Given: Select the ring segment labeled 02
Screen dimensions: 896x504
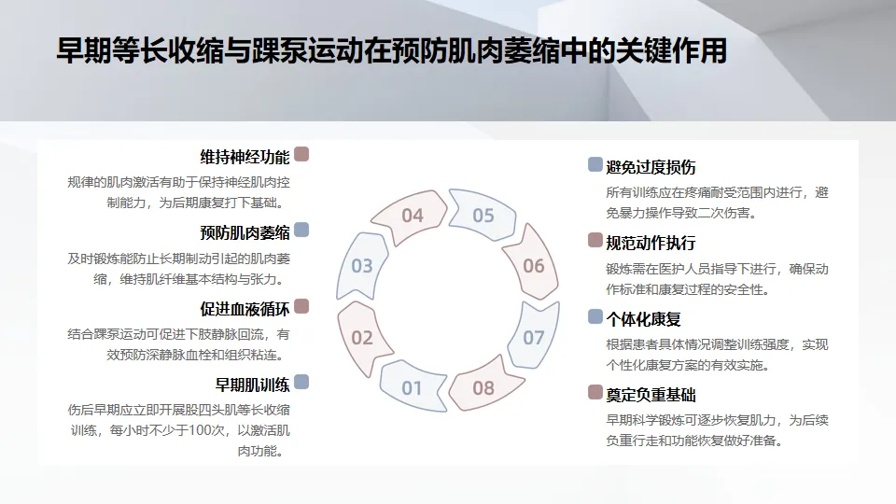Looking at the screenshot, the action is pyautogui.click(x=362, y=337).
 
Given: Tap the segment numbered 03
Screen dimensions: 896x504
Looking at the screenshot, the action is pyautogui.click(x=362, y=266).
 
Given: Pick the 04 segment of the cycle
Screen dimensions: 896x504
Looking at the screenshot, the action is pyautogui.click(x=412, y=216).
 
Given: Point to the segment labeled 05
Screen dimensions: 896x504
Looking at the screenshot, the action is pyautogui.click(x=483, y=216).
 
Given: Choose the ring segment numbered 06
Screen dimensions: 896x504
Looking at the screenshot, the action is pyautogui.click(x=533, y=266).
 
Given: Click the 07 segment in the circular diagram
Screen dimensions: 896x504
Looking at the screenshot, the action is pyautogui.click(x=533, y=337).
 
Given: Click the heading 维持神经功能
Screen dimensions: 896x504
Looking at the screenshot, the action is pyautogui.click(x=245, y=156).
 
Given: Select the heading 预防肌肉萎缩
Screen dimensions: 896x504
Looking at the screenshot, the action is pyautogui.click(x=245, y=231).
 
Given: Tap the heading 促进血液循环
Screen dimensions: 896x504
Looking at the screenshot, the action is pyautogui.click(x=245, y=308).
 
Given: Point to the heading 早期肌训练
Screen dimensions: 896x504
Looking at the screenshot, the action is pyautogui.click(x=252, y=384).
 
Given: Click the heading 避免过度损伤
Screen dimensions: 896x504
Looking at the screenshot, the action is pyautogui.click(x=651, y=167).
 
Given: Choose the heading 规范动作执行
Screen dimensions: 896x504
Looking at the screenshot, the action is pyautogui.click(x=651, y=243).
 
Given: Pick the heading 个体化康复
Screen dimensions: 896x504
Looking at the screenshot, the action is pyautogui.click(x=643, y=319).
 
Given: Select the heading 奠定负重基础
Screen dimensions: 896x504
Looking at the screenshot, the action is pyautogui.click(x=651, y=395).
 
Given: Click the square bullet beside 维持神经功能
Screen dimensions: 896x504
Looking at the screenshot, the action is pyautogui.click(x=301, y=154).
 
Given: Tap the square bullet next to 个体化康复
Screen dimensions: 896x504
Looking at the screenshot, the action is pyautogui.click(x=595, y=317).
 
